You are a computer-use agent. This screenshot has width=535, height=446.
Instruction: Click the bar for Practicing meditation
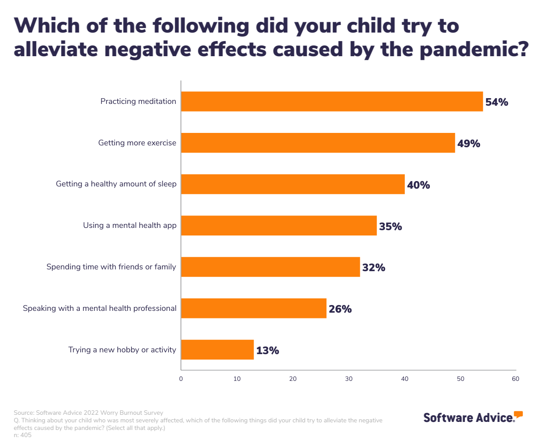332,102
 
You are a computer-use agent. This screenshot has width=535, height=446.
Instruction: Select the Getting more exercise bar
318,143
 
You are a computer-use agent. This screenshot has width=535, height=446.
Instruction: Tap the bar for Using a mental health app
279,226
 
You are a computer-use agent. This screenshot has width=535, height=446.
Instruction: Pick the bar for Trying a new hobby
217,350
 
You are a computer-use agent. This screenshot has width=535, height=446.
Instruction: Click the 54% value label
497,102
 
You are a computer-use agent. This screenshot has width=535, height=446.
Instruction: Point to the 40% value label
418,185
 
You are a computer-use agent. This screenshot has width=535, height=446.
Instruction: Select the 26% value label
340,309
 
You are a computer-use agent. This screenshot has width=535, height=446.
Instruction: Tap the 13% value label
267,351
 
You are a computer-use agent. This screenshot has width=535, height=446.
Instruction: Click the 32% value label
374,268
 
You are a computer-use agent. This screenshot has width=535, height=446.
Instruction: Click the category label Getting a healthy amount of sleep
116,184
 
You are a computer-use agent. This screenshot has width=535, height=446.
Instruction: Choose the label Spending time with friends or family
111,267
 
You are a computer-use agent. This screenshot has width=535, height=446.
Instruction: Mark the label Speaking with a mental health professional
99,308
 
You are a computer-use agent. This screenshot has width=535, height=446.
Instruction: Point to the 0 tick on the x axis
181,379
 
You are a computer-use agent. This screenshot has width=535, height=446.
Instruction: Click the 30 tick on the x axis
349,379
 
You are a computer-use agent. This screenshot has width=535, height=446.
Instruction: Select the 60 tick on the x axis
515,379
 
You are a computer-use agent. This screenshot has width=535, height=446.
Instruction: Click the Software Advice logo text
468,418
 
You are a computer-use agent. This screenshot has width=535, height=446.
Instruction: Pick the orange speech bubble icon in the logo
518,414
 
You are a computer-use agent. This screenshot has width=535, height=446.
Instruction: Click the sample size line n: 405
23,435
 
